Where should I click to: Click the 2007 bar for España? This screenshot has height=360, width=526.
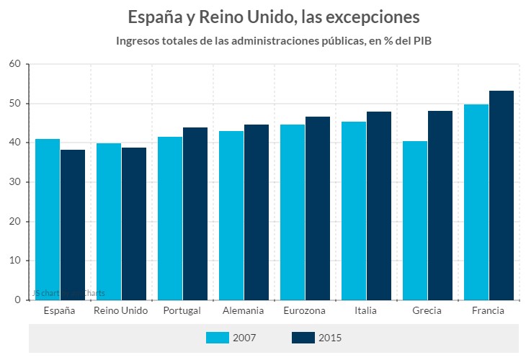click(48, 220)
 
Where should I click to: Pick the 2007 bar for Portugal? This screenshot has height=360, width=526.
click(170, 218)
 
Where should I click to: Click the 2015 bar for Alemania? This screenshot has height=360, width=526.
click(256, 212)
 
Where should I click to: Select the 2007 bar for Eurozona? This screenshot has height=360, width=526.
click(293, 212)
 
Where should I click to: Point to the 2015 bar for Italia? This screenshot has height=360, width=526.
click(378, 206)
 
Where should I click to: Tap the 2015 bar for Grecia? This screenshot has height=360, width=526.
click(440, 205)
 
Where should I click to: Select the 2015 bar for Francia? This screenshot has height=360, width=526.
click(501, 195)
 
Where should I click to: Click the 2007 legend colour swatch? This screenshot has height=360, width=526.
click(218, 338)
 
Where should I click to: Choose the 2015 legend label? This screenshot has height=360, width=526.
click(330, 338)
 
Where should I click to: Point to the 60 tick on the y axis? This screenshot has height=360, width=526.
click(14, 64)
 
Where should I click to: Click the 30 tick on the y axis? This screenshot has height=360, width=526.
click(14, 182)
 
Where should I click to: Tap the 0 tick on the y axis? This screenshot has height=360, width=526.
click(17, 300)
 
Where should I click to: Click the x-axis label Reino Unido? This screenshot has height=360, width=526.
click(121, 311)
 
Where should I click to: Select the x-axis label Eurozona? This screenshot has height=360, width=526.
click(305, 311)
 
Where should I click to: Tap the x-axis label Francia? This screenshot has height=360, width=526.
click(488, 311)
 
